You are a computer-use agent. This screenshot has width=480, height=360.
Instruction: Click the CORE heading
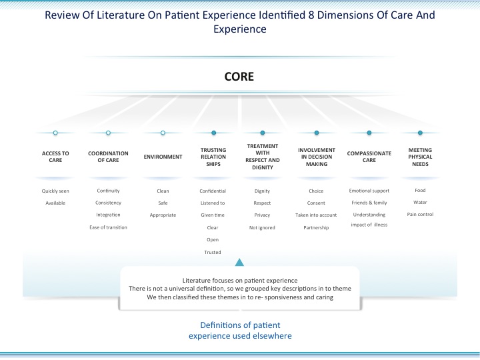click(239, 77)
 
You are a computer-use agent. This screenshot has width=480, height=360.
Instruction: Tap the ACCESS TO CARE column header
click(55, 157)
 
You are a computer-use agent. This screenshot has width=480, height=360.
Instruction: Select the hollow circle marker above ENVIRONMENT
click(163, 133)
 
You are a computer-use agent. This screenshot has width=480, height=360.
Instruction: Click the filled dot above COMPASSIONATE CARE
click(369, 133)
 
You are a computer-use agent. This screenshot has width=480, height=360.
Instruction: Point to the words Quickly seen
click(55, 191)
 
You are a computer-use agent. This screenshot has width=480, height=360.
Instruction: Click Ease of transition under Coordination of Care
click(108, 227)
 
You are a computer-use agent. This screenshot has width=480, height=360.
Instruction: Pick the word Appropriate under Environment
click(163, 215)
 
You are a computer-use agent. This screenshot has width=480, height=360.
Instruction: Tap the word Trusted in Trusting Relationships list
click(213, 252)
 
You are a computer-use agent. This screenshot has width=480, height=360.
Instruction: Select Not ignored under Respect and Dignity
click(263, 228)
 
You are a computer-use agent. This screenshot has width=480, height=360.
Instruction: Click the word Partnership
click(316, 228)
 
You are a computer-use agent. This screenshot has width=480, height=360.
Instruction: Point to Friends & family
click(369, 203)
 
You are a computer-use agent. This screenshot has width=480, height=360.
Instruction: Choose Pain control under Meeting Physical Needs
click(420, 214)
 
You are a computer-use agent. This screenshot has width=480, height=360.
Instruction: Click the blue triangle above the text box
click(239, 263)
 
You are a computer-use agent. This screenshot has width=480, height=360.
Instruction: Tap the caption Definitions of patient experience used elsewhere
click(240, 330)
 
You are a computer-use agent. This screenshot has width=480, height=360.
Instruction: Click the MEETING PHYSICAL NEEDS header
click(420, 157)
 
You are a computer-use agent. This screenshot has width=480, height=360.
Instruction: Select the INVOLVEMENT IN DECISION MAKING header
click(317, 157)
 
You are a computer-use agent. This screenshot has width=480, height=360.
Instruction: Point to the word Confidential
click(213, 191)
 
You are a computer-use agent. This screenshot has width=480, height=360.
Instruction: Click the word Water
click(420, 203)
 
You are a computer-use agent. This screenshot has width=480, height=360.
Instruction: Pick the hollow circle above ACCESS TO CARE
click(55, 133)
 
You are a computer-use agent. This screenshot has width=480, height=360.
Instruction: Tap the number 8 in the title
click(311, 15)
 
